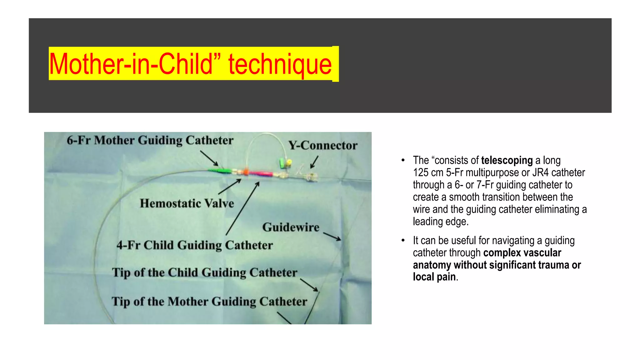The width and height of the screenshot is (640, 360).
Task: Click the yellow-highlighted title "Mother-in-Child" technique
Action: [x=191, y=64]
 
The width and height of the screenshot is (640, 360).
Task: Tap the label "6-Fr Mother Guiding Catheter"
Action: [x=150, y=140]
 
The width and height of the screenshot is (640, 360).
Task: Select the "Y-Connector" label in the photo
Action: [x=323, y=145]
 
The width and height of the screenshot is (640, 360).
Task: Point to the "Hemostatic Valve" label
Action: [x=187, y=203]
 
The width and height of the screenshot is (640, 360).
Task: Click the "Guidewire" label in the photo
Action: [x=291, y=227]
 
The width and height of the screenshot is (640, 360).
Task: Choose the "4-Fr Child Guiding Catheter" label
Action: [x=195, y=245]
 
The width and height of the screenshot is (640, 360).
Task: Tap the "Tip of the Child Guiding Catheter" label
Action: [x=204, y=272]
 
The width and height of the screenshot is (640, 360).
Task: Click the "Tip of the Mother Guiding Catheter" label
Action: [x=209, y=302]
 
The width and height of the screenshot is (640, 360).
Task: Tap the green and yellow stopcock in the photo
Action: [x=285, y=162]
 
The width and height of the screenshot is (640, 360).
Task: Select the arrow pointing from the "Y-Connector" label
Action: [x=314, y=162]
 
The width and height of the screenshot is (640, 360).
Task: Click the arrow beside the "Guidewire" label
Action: [x=332, y=236]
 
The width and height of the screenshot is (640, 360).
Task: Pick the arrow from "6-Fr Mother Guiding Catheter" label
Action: [x=209, y=158]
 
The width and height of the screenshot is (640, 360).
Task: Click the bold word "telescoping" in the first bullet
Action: [x=507, y=160]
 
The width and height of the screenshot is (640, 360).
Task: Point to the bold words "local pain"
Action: [x=434, y=277]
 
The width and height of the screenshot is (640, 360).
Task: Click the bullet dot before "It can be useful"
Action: [x=403, y=241]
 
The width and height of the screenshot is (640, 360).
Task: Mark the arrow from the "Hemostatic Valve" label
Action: [x=230, y=187]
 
